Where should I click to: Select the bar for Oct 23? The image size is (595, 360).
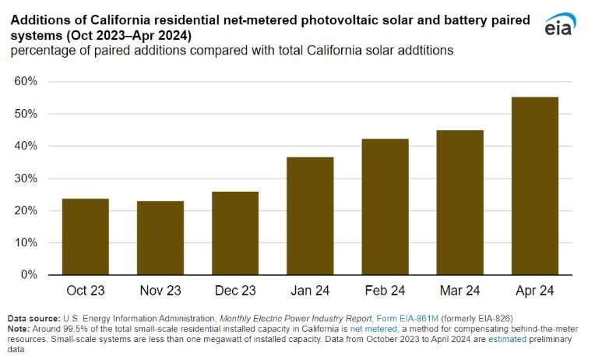click(x=86, y=237)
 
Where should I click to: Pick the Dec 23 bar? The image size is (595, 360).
click(x=235, y=233)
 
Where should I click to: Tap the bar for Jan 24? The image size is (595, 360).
click(x=310, y=216)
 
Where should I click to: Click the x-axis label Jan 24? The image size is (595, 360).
click(x=310, y=291)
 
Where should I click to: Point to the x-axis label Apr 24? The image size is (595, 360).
click(x=535, y=291)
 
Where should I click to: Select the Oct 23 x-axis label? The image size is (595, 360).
click(x=86, y=291)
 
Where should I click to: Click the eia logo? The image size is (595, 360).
click(x=560, y=26)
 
